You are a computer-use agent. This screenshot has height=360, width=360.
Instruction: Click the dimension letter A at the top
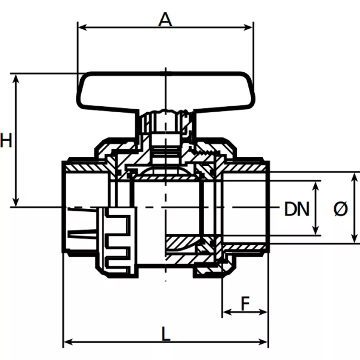click(165, 19)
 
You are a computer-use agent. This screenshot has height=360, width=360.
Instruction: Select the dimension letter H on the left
click(6, 140)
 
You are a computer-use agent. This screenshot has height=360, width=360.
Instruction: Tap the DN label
click(297, 209)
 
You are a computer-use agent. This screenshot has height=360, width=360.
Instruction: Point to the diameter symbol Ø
click(341, 209)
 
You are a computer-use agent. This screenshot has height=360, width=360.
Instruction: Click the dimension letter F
click(245, 303)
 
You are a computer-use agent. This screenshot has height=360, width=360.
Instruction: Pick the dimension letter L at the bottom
click(166, 334)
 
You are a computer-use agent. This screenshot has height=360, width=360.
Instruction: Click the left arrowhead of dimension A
click(82, 27)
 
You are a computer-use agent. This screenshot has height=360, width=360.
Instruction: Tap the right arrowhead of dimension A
click(248, 27)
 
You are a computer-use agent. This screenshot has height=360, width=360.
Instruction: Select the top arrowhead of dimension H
click(16, 78)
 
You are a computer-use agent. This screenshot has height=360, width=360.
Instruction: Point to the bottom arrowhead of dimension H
click(16, 202)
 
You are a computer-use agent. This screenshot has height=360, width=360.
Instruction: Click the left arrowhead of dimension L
click(68, 342)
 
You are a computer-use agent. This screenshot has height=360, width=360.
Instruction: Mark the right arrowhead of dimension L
click(263, 342)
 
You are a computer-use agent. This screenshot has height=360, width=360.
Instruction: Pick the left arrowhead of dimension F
click(227, 312)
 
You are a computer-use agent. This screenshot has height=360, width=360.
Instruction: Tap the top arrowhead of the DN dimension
click(316, 186)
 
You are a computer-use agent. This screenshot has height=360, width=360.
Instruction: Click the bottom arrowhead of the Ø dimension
click(355, 238)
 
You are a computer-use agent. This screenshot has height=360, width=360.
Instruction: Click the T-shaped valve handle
click(165, 92)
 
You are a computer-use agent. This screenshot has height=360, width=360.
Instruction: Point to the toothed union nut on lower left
click(116, 242)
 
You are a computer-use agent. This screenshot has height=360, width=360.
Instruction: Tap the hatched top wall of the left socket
click(87, 168)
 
